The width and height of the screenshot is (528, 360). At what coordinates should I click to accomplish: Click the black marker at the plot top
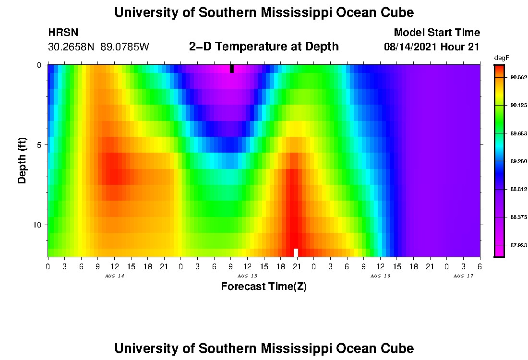[x=232, y=69]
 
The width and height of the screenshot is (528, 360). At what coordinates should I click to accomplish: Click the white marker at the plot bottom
[x=296, y=252]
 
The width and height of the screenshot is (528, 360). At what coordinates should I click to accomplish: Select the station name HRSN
[x=63, y=33]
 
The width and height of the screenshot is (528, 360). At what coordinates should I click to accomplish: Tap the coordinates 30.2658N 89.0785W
[x=99, y=47]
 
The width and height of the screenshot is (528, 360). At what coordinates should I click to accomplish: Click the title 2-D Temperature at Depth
[x=264, y=47]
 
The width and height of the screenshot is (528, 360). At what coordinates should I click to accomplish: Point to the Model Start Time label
[x=437, y=33]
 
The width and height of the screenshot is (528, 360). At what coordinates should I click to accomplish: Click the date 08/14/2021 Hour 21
[x=432, y=47]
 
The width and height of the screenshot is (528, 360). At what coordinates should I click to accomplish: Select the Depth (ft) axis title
[x=22, y=161]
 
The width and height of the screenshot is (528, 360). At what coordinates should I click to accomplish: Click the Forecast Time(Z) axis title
[x=264, y=287]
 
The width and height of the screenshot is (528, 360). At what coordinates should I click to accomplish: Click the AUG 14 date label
[x=111, y=276]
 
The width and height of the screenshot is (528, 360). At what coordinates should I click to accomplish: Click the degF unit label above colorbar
[x=502, y=58]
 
